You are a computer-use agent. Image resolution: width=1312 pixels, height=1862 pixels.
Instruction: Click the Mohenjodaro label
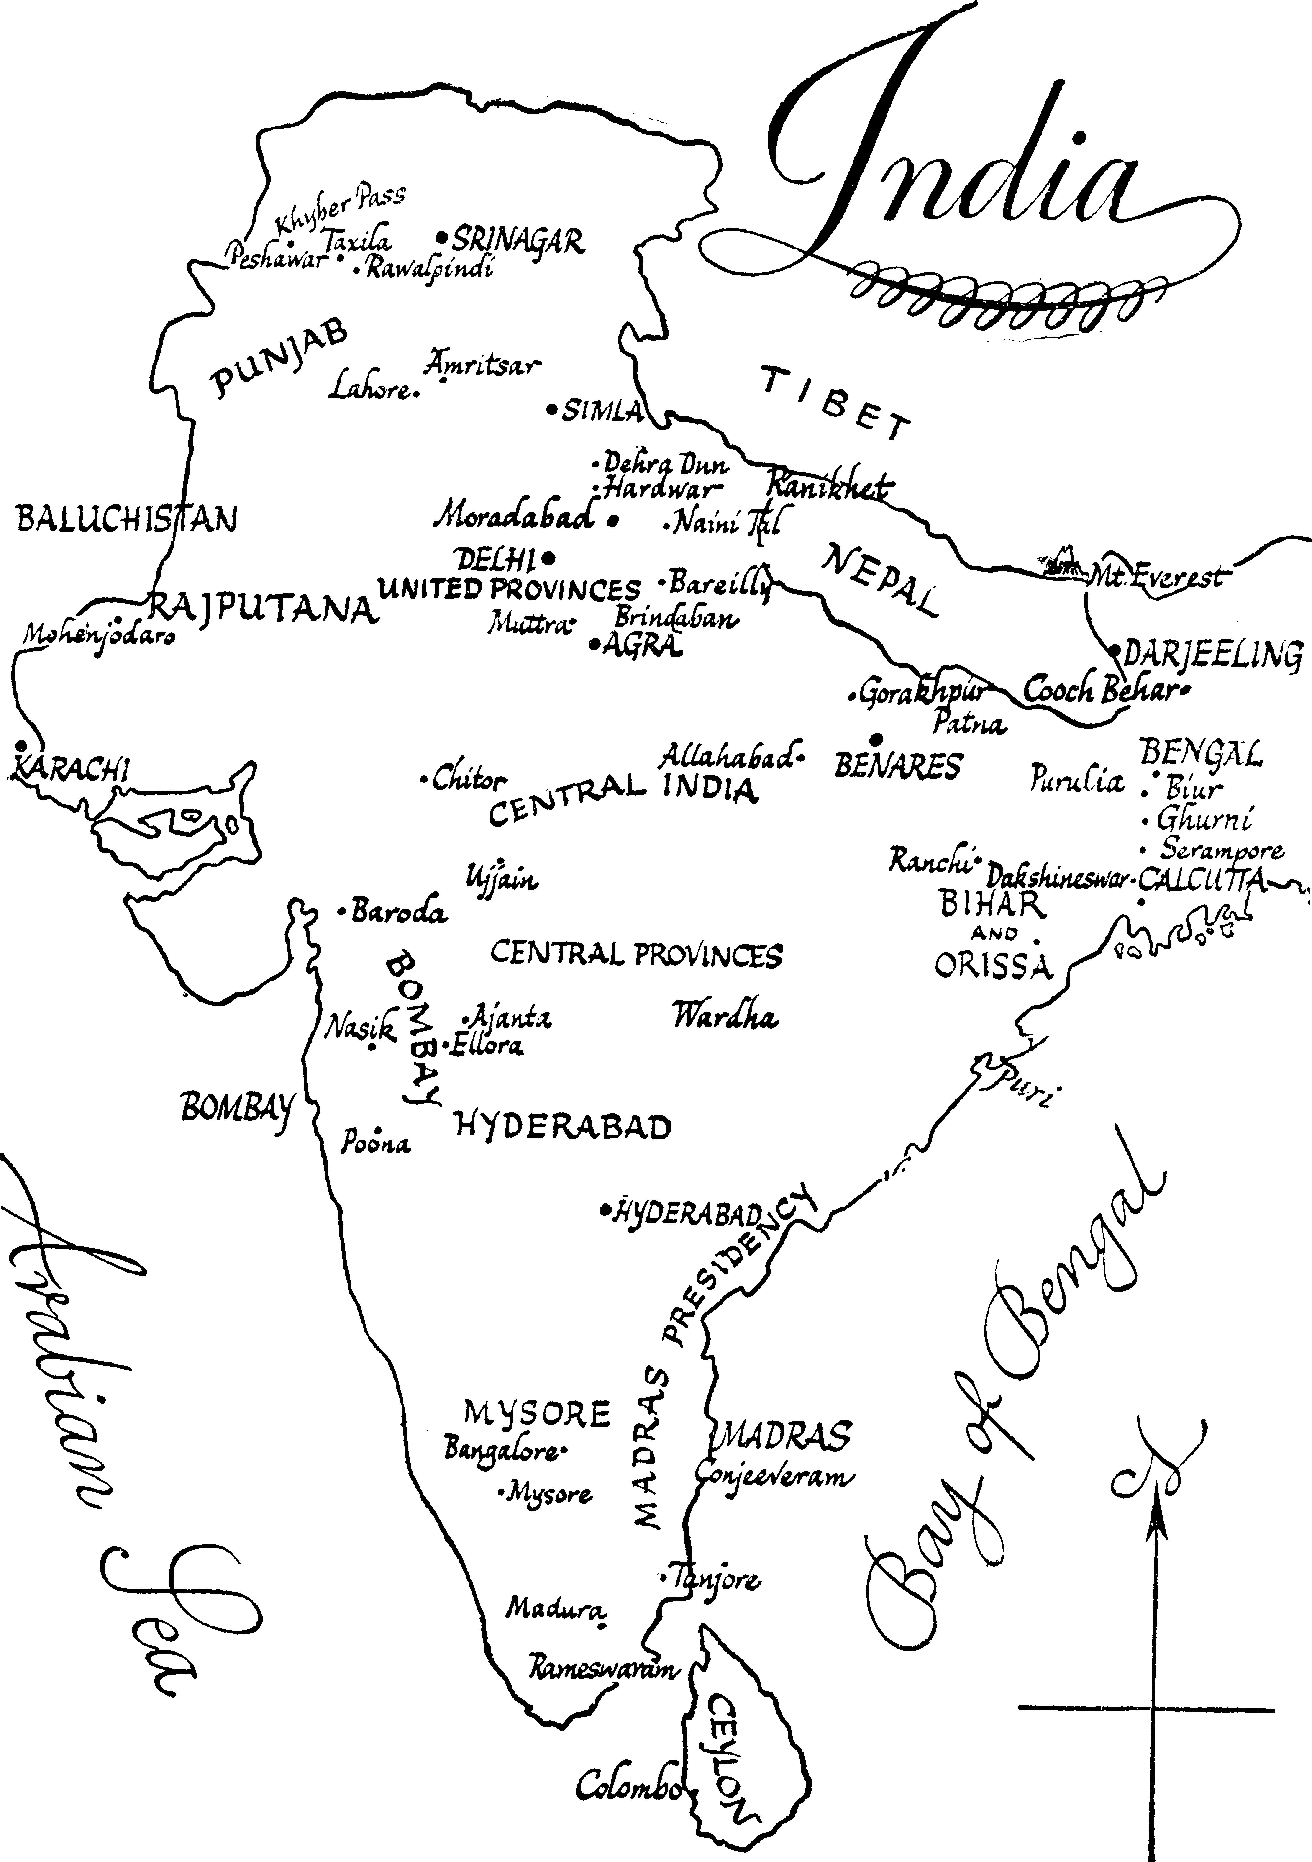pyautogui.click(x=97, y=634)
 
